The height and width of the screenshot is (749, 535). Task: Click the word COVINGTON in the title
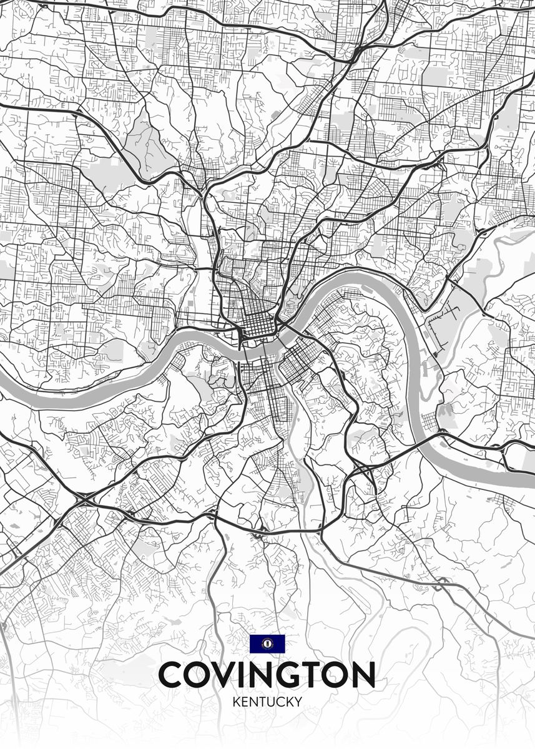267,675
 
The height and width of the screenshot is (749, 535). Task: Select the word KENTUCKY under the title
267,702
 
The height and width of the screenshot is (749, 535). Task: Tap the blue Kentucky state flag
267,644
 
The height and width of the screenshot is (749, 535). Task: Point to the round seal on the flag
267,644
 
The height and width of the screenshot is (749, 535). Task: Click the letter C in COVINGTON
172,675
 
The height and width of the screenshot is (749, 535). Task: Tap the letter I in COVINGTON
251,675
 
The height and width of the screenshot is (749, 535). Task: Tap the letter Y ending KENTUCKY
298,702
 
